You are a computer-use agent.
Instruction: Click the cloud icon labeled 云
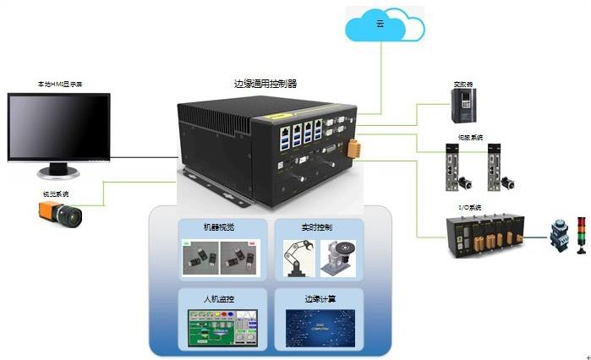pyautogui.click(x=380, y=26)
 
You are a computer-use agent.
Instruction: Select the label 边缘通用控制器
pyautogui.click(x=265, y=84)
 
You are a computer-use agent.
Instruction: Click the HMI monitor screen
pyautogui.click(x=59, y=127)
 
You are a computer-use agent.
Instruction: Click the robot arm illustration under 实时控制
pyautogui.click(x=298, y=258)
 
